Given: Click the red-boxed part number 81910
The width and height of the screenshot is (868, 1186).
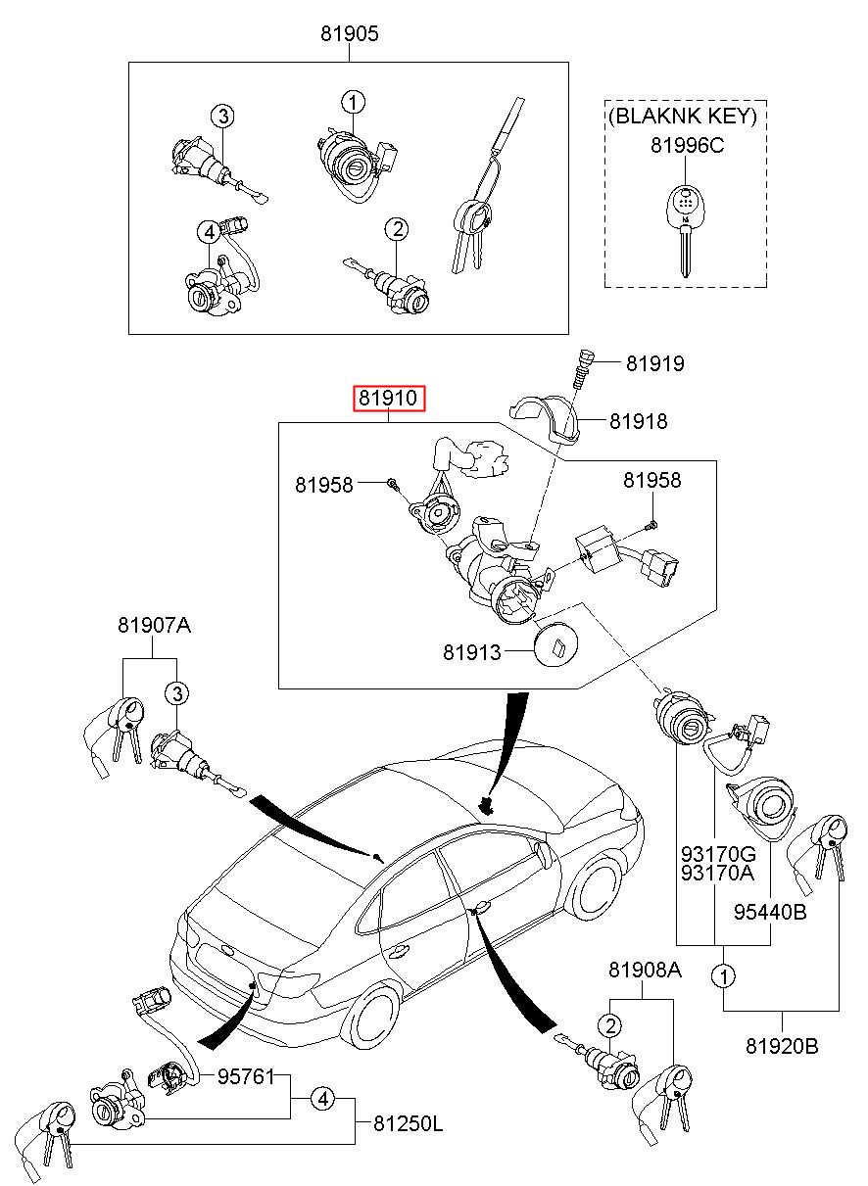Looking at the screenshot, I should pos(389,399).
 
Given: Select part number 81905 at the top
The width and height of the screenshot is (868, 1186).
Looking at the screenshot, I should pos(349,34).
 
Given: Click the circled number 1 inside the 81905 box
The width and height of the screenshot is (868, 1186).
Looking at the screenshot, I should pos(353,101).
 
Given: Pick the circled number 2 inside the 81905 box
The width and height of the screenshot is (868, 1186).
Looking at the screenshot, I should pos(396,229).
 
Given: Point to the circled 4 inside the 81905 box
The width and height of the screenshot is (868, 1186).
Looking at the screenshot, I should pos(208,232).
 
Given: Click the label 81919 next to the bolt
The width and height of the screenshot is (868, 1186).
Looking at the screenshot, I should pos(655,364).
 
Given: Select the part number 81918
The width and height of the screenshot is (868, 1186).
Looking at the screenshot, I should pos(638,421).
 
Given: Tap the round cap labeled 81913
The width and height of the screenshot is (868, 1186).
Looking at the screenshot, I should pos(556,642).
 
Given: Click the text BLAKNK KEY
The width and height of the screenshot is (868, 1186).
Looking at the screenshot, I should pos(683,117).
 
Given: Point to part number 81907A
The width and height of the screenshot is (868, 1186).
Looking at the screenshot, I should pos(154,625).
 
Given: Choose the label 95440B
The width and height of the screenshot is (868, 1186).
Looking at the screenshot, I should pos(770,913).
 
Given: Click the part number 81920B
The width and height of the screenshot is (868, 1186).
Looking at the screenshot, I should pos(782,1045).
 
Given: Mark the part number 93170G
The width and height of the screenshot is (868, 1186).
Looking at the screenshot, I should pos(718,853).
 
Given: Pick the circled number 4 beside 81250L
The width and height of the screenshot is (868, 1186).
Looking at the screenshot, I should pos(322,1099).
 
